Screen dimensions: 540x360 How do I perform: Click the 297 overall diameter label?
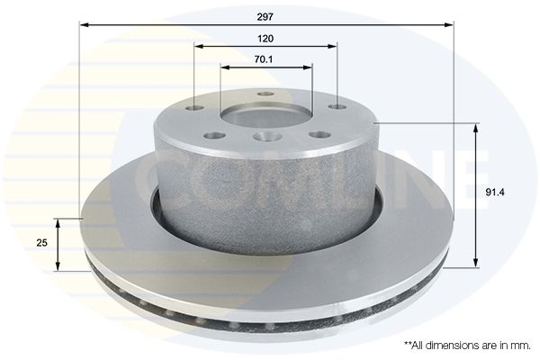[265, 17]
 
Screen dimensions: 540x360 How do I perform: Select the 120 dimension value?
[265, 39]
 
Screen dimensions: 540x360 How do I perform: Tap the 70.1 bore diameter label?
[264, 59]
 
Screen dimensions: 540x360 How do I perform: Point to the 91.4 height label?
[495, 193]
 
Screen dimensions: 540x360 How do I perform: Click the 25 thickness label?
[41, 243]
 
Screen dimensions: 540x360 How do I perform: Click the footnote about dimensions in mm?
[467, 346]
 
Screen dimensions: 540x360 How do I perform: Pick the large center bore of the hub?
[266, 116]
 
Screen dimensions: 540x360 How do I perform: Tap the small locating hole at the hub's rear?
[265, 94]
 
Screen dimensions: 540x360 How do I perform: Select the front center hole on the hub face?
[265, 137]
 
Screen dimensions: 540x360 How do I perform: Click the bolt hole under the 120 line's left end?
[194, 108]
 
